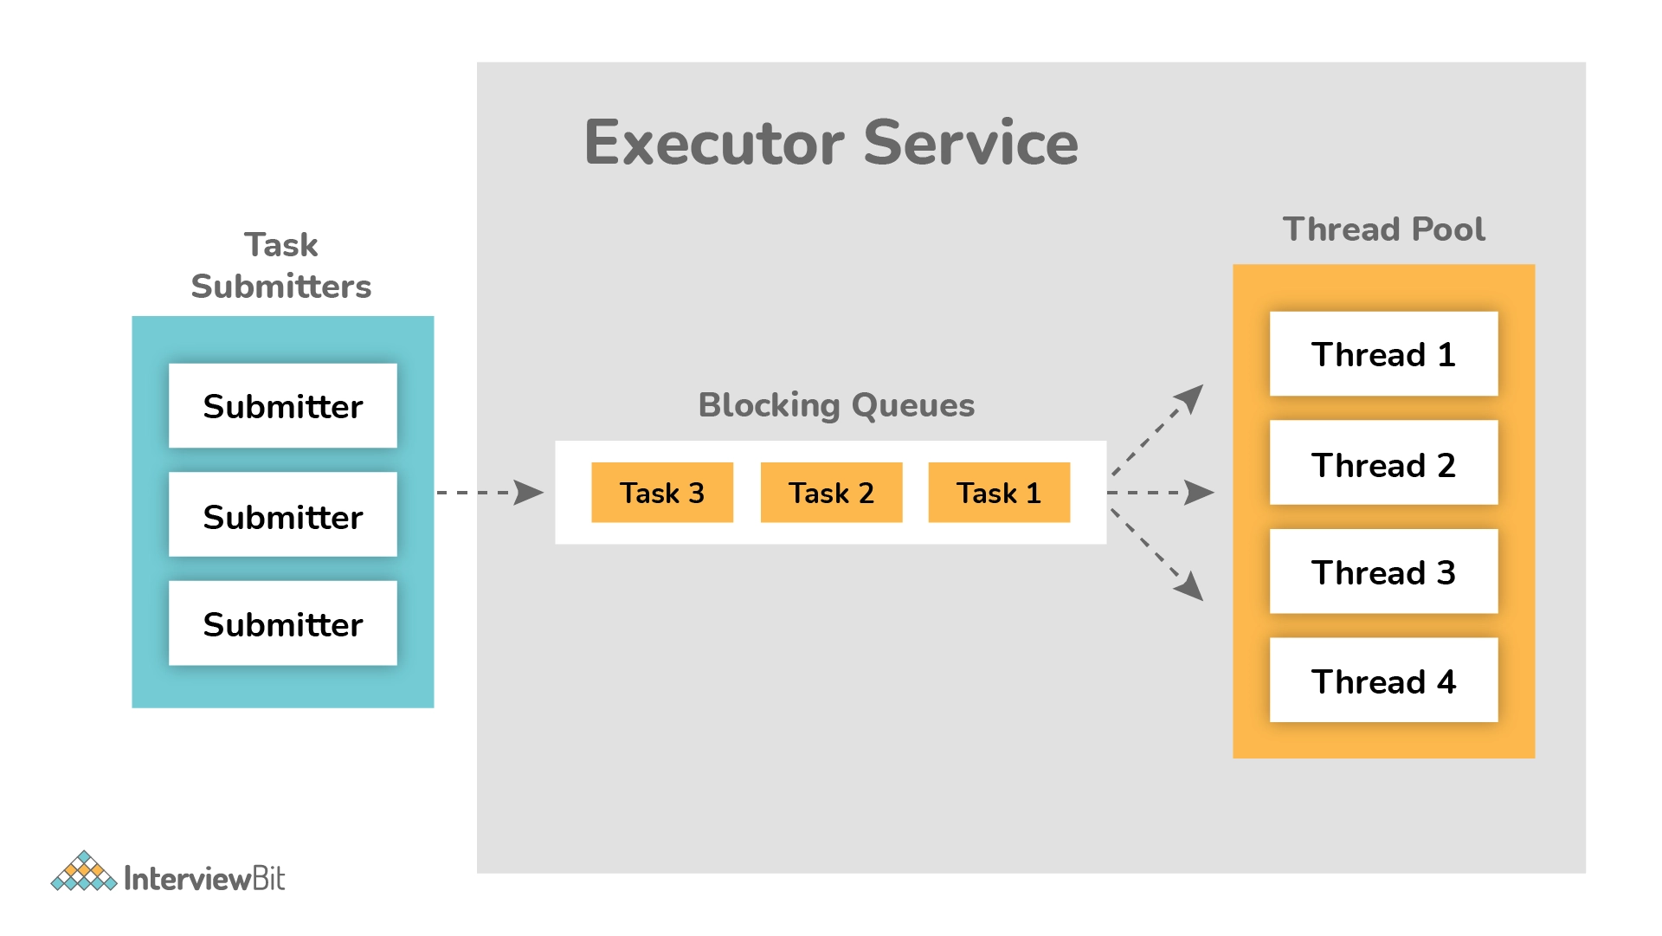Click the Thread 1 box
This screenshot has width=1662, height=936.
[1383, 353]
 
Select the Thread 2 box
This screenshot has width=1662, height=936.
[1383, 462]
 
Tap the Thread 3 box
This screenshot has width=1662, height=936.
[1383, 571]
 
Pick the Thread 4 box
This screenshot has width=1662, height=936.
[1383, 681]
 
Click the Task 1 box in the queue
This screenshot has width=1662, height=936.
[999, 493]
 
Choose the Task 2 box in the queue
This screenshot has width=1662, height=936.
[831, 493]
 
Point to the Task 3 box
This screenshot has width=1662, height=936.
[662, 493]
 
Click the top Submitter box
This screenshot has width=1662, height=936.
[283, 405]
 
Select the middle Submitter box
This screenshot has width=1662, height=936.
[283, 514]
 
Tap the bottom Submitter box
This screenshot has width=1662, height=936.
[283, 623]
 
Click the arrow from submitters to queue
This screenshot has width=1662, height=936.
[490, 493]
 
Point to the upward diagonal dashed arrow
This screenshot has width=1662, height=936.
[1157, 430]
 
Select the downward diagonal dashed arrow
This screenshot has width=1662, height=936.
[1157, 555]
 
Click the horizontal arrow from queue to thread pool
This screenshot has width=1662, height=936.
[1161, 493]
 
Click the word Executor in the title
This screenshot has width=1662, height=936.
[714, 143]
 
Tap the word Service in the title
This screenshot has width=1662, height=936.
[971, 143]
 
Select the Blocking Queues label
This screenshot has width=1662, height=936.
[836, 405]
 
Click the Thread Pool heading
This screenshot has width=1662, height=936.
[1383, 229]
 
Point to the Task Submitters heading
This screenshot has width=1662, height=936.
[281, 266]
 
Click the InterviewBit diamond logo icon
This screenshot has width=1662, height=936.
[84, 871]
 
